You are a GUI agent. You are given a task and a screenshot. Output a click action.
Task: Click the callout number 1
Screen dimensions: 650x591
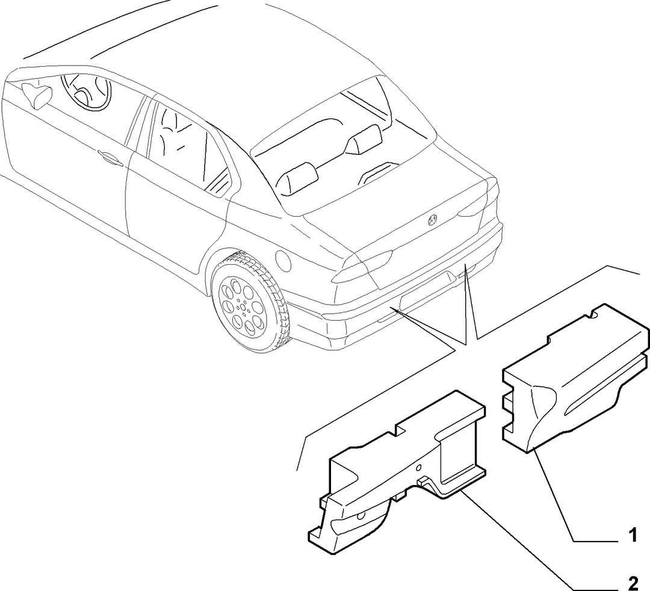[x=632, y=535]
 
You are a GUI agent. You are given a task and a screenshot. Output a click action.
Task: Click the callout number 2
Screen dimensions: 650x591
[x=633, y=583]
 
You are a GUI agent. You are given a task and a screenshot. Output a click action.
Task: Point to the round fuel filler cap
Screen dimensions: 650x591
[x=283, y=261]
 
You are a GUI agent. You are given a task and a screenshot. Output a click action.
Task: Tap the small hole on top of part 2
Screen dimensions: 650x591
[x=419, y=468]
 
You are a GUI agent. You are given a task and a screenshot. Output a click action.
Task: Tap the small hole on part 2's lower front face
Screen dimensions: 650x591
[x=361, y=515]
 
